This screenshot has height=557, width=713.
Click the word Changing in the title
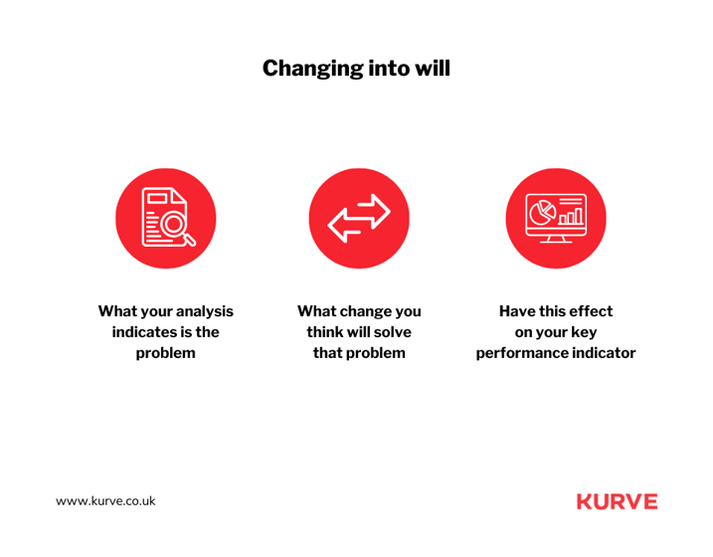click(x=312, y=69)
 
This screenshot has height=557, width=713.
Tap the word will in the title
click(x=432, y=69)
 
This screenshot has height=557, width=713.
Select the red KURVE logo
click(x=618, y=501)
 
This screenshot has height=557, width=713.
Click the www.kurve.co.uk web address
click(x=105, y=501)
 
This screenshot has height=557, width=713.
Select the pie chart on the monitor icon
click(x=542, y=212)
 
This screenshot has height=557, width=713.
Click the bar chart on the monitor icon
click(x=571, y=216)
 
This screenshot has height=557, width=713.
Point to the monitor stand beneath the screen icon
click(x=556, y=239)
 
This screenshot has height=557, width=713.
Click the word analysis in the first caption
click(x=205, y=311)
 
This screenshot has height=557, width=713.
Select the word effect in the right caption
click(x=591, y=311)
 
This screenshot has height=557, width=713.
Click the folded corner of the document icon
click(x=179, y=196)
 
